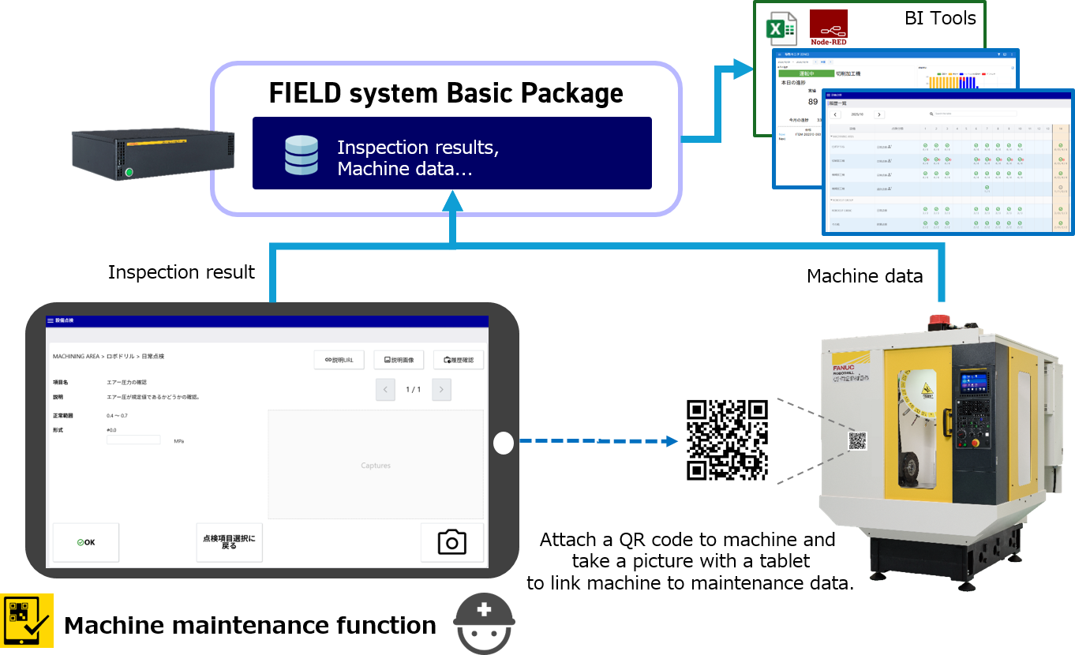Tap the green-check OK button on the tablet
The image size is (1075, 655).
click(86, 542)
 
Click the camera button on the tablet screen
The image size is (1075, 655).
click(451, 542)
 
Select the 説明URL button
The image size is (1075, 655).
click(339, 360)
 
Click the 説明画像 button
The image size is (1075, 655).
click(399, 360)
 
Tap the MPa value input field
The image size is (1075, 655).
click(133, 440)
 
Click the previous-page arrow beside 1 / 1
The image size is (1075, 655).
click(385, 389)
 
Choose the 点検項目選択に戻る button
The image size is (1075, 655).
click(229, 542)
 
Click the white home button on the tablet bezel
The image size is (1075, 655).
click(503, 444)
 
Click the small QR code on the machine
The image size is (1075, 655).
click(857, 441)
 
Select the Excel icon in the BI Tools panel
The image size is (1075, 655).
click(783, 29)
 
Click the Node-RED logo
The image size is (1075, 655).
click(829, 28)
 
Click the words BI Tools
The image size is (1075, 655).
click(939, 18)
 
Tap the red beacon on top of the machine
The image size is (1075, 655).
click(938, 321)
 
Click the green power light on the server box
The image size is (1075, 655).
click(129, 172)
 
